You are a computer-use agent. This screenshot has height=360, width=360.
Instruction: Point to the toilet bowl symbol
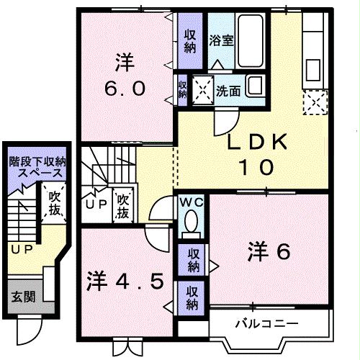[x=192, y=227]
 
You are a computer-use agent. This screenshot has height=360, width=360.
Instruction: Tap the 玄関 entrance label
[x=22, y=297]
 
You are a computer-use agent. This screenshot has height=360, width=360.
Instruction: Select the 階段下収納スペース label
[x=37, y=168]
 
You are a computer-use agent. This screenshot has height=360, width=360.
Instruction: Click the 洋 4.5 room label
[x=130, y=279]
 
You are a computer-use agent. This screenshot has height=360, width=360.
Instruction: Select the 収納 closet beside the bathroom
[x=190, y=41]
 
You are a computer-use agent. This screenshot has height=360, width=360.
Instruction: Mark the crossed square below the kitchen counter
[x=314, y=104]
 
